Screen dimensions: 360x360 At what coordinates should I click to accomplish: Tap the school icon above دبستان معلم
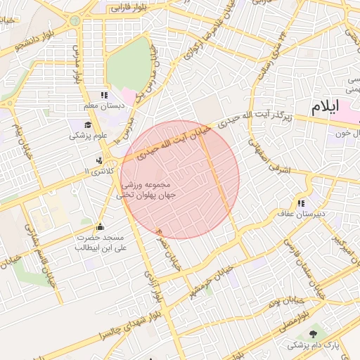click(105, 95)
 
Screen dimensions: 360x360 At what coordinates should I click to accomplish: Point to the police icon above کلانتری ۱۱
click(99, 160)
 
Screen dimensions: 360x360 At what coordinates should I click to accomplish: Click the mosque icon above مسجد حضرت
click(99, 226)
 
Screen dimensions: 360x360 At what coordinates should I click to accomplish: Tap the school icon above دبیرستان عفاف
click(302, 202)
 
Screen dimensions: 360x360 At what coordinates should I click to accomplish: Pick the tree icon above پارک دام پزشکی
click(313, 334)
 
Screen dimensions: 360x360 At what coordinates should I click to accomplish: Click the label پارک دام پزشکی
click(313, 346)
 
